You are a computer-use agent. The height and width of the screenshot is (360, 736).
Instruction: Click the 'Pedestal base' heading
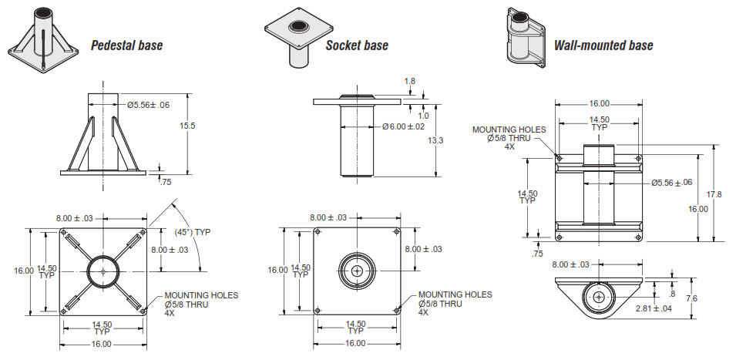(126, 45)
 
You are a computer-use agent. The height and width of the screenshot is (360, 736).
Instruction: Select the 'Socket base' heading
(356, 45)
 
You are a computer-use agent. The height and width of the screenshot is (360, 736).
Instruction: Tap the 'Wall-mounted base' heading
(603, 45)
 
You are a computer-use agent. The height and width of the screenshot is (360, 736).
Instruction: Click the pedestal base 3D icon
(45, 36)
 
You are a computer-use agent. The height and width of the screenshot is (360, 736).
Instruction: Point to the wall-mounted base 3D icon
(524, 35)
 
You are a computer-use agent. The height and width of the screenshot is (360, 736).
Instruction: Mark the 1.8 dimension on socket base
(408, 80)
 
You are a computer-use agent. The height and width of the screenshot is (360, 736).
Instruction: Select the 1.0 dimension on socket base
(422, 116)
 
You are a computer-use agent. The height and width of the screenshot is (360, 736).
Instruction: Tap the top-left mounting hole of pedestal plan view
(64, 231)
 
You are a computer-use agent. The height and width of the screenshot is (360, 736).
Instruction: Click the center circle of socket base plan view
(357, 271)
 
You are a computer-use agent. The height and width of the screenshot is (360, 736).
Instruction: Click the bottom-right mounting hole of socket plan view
(396, 310)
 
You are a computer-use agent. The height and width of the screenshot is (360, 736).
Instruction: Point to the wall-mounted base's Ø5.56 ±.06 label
(670, 183)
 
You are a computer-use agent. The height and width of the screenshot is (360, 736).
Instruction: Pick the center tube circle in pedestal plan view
(103, 271)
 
